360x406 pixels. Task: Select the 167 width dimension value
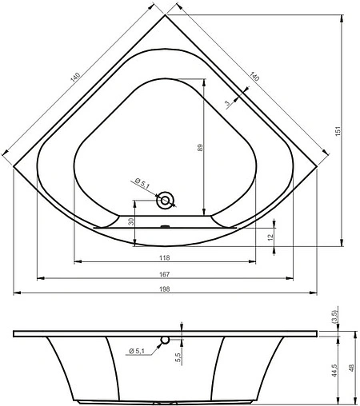point(164,273)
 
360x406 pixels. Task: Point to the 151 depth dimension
point(338,129)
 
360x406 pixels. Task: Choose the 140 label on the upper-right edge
point(255,77)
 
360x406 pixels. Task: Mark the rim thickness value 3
point(228,103)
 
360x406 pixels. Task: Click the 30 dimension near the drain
point(130,222)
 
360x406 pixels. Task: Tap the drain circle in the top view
point(166,200)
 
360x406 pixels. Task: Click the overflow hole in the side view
point(166,340)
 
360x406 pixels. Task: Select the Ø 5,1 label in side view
point(138,350)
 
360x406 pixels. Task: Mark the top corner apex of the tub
point(165,15)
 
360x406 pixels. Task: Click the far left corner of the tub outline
point(14,166)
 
